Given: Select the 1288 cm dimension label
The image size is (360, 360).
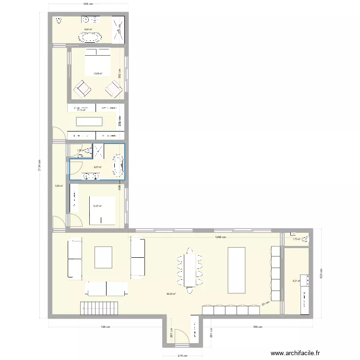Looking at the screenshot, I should coord(221,237).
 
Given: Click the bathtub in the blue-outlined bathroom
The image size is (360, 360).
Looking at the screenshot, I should coord(118,164).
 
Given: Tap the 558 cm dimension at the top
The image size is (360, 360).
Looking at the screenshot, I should coord(88,4).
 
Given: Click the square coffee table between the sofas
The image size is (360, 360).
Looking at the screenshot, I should coord(104,257).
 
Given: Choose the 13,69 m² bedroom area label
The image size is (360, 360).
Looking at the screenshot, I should coord(97,73).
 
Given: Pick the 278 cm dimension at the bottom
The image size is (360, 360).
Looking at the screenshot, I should coord(181,356).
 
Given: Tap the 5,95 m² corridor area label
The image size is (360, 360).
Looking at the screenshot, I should coord(59,186).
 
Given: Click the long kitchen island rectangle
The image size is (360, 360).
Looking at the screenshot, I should coord(236,269).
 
